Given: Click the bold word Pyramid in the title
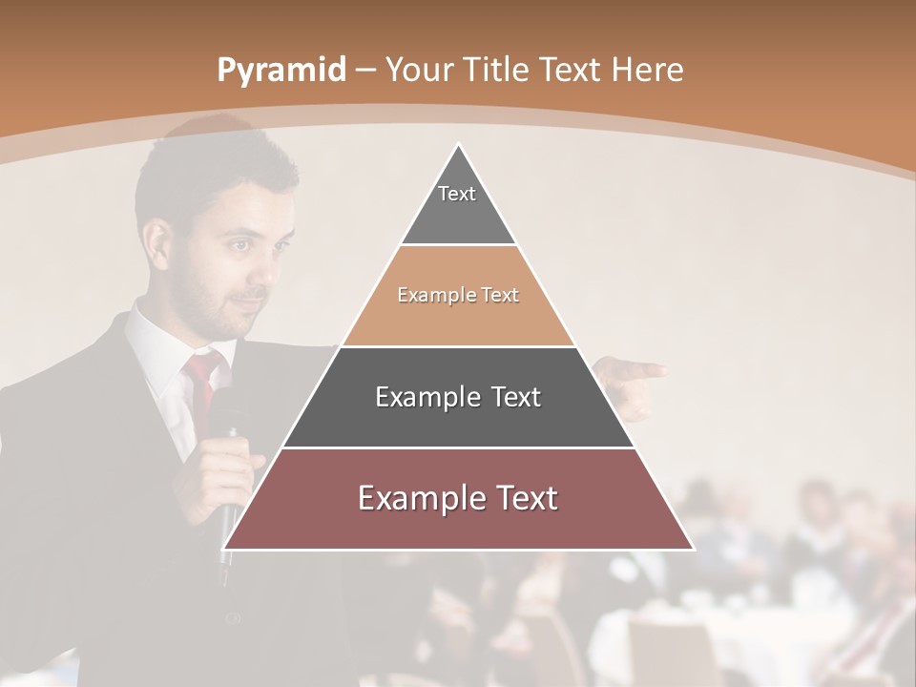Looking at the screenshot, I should pos(281,71).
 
